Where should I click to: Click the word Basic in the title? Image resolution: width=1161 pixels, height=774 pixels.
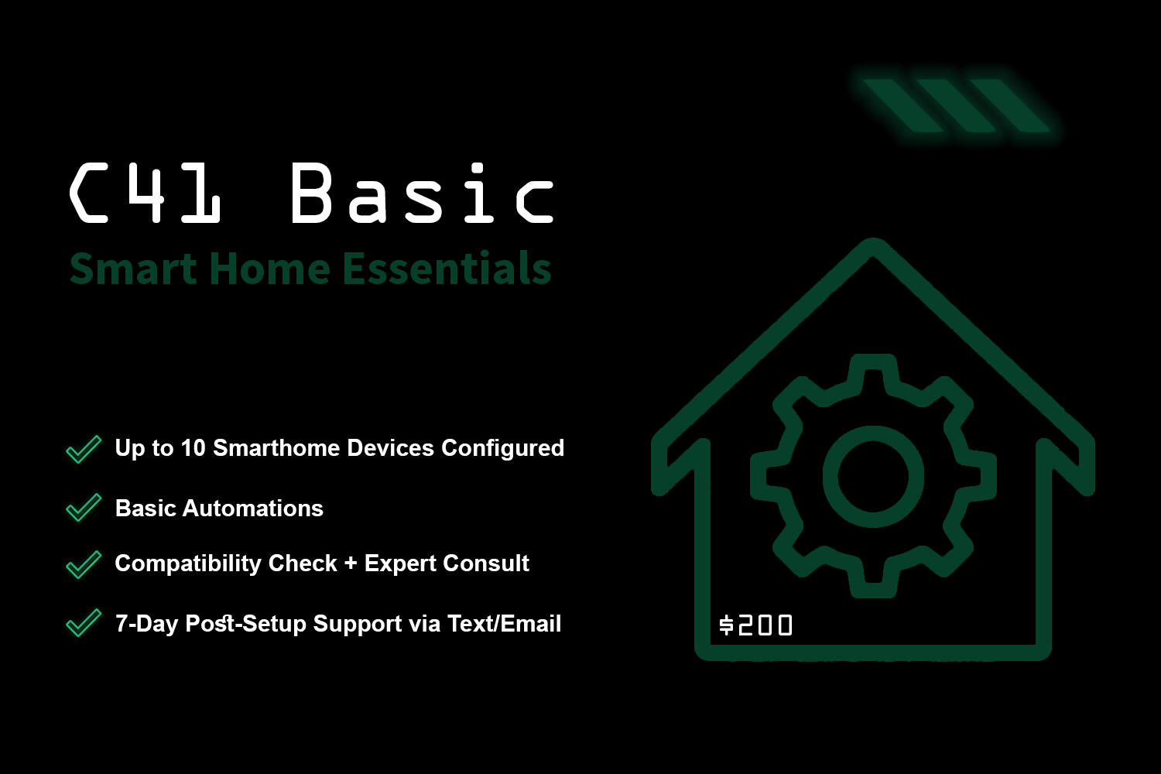click(x=423, y=192)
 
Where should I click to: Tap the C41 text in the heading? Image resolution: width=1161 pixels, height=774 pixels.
click(x=146, y=192)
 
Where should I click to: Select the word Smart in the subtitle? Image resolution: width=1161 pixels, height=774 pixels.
click(x=133, y=269)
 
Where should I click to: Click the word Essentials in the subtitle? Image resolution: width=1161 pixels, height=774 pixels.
click(x=447, y=268)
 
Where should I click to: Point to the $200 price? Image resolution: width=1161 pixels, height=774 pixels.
click(x=755, y=625)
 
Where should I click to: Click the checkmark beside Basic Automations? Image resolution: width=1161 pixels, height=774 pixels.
click(x=84, y=508)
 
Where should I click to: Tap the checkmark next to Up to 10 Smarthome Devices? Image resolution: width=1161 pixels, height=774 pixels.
click(x=84, y=449)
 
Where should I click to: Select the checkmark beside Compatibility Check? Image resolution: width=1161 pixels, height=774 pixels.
click(x=84, y=564)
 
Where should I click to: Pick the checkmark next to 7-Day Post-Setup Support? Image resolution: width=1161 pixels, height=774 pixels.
click(x=84, y=622)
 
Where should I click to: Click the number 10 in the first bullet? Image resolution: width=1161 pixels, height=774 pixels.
click(x=193, y=448)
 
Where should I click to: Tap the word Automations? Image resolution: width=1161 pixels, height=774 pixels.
click(x=253, y=509)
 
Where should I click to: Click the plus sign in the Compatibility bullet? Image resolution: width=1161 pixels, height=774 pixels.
click(x=351, y=563)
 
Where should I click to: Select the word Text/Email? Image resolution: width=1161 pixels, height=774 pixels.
click(x=504, y=624)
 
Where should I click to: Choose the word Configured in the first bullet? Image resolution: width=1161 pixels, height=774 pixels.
click(x=502, y=449)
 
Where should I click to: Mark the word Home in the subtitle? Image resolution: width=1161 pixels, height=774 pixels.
click(x=269, y=269)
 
